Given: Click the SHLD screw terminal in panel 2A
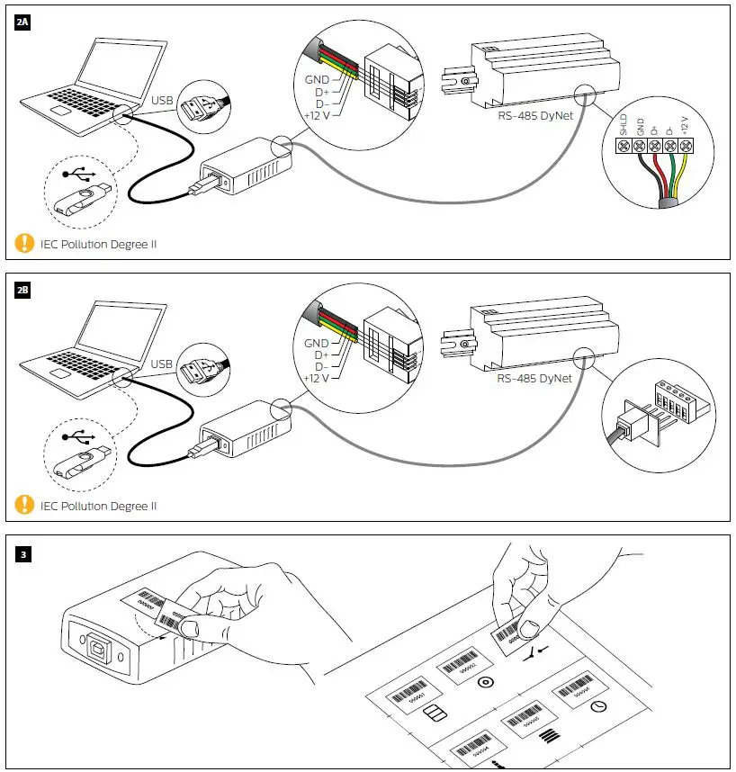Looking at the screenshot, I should (624, 146).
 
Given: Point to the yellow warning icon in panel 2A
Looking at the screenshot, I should (24, 243).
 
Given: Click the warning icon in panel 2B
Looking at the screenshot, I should (24, 505).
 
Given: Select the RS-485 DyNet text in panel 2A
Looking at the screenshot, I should (534, 116).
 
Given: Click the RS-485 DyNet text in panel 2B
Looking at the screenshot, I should (534, 378).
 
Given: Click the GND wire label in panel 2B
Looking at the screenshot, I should (316, 343).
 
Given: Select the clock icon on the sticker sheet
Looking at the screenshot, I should (598, 708).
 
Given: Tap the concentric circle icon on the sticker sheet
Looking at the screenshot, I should (486, 682).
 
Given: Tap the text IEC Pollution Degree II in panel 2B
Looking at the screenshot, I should (98, 506).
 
